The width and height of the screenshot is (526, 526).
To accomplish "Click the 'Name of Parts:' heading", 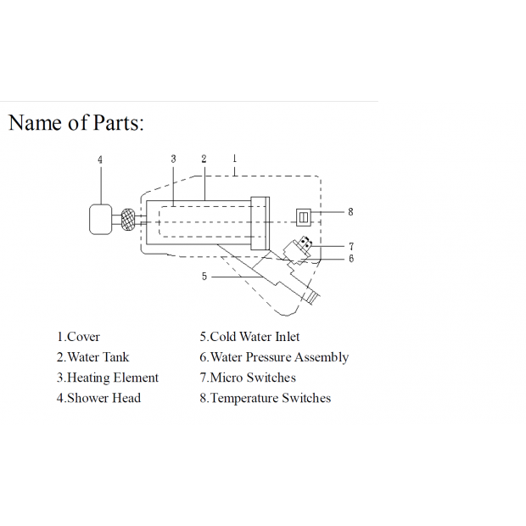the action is click(x=76, y=122).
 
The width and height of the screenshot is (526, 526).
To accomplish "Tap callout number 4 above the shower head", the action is click(x=100, y=159).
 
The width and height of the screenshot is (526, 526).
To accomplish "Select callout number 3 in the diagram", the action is click(x=173, y=159).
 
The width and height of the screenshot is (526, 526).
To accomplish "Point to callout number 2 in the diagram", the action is click(x=204, y=159).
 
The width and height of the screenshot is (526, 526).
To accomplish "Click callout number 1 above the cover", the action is click(x=234, y=159).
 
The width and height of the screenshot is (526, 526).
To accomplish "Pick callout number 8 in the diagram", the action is click(x=350, y=212).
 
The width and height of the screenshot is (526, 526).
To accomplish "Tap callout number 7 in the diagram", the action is click(x=351, y=247).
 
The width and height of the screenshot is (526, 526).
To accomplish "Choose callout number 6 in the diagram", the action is click(x=351, y=258).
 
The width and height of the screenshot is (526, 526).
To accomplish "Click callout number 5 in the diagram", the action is click(x=204, y=276).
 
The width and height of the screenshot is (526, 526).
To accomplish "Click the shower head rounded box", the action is click(x=101, y=220).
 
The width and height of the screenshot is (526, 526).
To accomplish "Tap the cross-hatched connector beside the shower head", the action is click(x=128, y=220).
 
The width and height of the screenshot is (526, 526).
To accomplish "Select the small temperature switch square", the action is click(x=303, y=217).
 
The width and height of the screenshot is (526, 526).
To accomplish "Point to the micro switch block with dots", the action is click(x=305, y=243).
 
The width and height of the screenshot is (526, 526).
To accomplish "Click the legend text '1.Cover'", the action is click(x=78, y=337).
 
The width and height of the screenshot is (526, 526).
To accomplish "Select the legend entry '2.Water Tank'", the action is click(x=92, y=357).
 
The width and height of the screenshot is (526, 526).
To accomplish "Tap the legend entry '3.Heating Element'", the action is click(x=108, y=378).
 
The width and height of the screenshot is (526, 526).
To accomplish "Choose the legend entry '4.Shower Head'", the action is click(x=98, y=398).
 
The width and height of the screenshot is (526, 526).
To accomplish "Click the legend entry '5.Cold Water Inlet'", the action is click(x=249, y=337).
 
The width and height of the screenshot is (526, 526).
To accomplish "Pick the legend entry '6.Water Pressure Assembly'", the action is click(x=274, y=358).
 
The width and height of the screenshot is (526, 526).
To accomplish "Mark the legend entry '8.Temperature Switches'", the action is click(x=266, y=398).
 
